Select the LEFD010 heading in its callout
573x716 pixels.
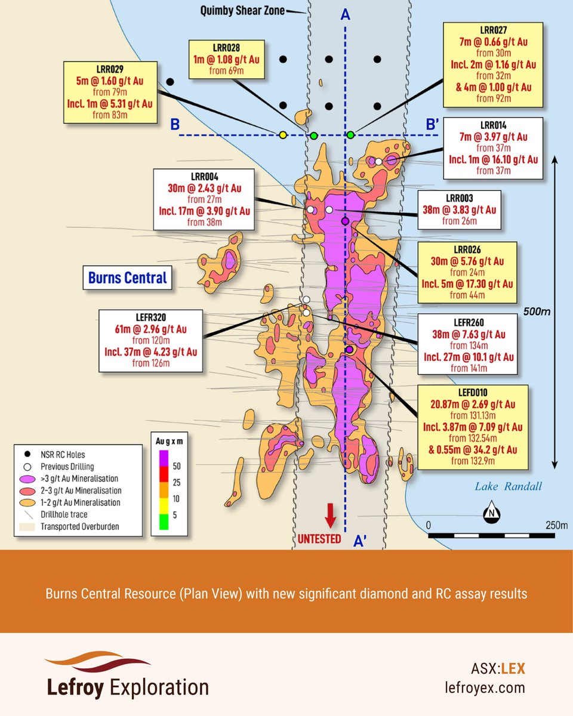click(x=473, y=393)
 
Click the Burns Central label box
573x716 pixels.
click(x=128, y=277)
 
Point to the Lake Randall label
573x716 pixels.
click(x=508, y=486)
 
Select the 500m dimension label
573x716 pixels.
click(x=537, y=311)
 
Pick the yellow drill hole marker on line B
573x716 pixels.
click(x=283, y=135)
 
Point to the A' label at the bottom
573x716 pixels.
click(x=361, y=540)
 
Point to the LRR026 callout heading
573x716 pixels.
click(x=467, y=249)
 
